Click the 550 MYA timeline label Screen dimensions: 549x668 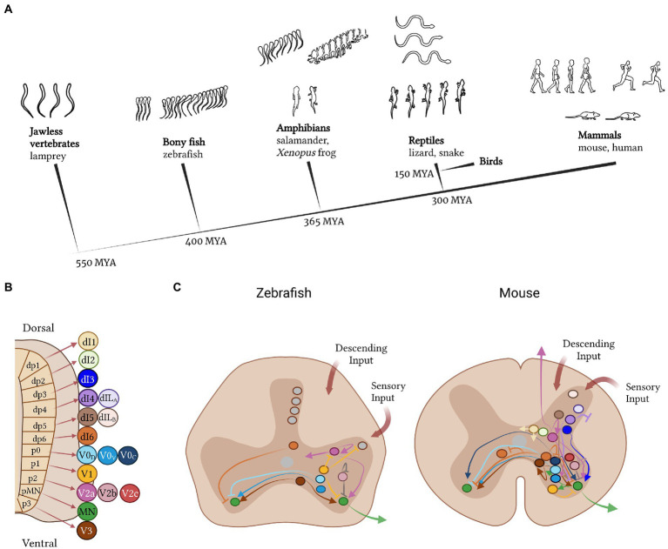pyautogui.click(x=96, y=260)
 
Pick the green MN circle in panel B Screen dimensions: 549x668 pyautogui.click(x=87, y=510)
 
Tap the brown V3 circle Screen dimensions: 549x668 pyautogui.click(x=87, y=529)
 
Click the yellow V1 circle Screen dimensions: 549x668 pyautogui.click(x=87, y=472)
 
